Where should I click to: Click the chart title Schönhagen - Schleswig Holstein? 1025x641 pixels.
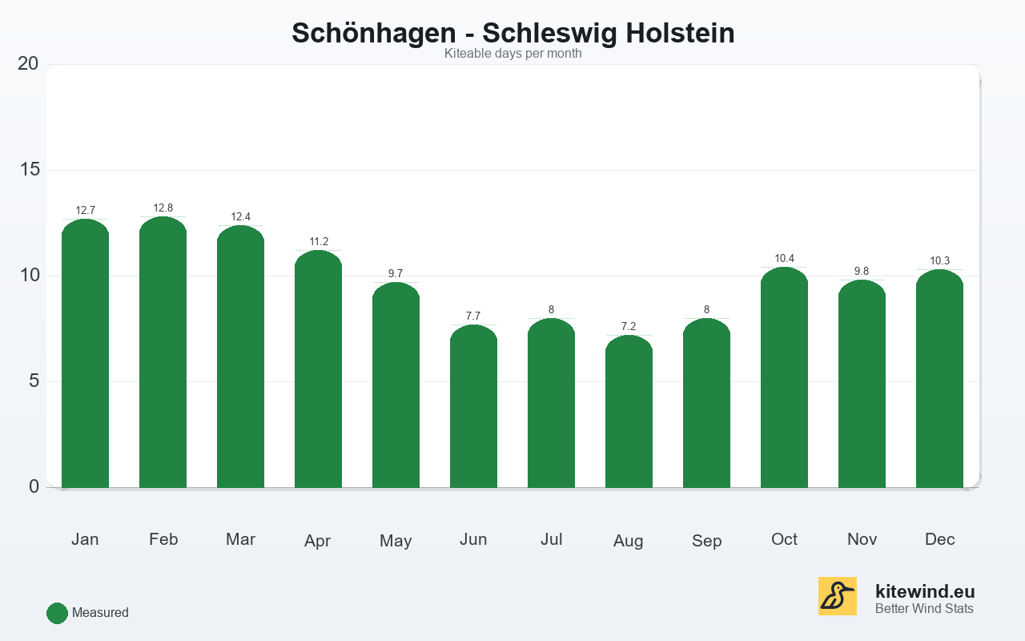point(512,33)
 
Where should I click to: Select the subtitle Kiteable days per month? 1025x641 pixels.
point(512,54)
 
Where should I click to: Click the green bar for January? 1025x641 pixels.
point(85,357)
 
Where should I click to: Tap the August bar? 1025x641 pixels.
point(629,413)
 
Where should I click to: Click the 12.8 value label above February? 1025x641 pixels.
point(163,208)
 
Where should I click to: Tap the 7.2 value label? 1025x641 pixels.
point(629,327)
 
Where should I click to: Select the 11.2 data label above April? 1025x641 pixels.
point(319,242)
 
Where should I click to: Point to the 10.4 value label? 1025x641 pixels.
point(784,259)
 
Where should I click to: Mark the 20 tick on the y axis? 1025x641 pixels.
point(28,63)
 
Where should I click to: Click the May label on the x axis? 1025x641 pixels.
point(396,541)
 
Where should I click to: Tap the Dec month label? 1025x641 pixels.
point(939,539)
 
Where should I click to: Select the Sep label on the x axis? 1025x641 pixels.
point(706,541)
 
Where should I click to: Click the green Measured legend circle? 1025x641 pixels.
point(57,613)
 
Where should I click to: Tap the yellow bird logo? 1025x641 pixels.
point(837,596)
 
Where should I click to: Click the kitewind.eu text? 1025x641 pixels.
point(925,592)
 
